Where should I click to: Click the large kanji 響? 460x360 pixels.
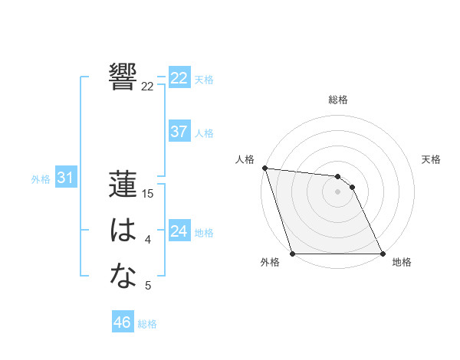click(123, 76)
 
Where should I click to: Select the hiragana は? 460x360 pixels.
click(123, 230)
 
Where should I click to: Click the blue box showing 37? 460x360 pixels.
click(179, 132)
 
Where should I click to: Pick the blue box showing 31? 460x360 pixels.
click(65, 178)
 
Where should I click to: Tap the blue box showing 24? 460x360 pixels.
click(179, 231)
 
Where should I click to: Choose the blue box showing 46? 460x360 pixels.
click(123, 322)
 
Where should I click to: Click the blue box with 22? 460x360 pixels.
click(179, 78)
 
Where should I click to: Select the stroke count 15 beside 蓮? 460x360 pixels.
click(149, 195)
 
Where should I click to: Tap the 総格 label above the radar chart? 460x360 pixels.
click(338, 100)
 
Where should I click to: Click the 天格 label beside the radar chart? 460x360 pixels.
click(431, 159)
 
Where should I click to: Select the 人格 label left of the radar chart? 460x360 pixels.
click(245, 159)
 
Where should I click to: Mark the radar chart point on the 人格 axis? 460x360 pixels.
click(264, 168)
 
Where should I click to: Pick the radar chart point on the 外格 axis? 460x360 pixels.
click(293, 254)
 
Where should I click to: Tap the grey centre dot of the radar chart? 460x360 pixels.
click(338, 191)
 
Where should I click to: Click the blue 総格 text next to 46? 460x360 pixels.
click(147, 323)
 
